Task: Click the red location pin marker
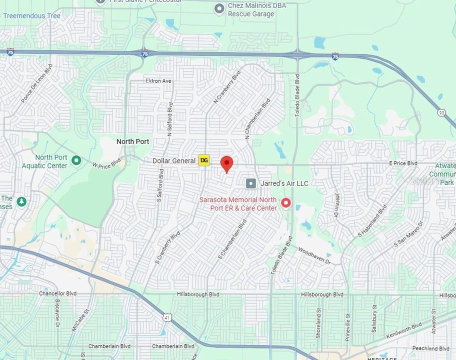click(227, 164)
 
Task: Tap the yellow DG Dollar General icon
click(204, 160)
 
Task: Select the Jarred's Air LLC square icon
click(251, 183)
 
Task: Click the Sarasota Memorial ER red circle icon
click(286, 203)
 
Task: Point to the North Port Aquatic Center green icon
click(76, 160)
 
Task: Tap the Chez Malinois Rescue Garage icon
click(219, 8)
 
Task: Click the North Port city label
click(132, 141)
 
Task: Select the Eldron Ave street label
click(158, 81)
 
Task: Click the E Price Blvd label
click(403, 163)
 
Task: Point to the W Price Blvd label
click(106, 163)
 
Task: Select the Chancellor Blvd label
click(57, 293)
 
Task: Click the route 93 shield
click(440, 112)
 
